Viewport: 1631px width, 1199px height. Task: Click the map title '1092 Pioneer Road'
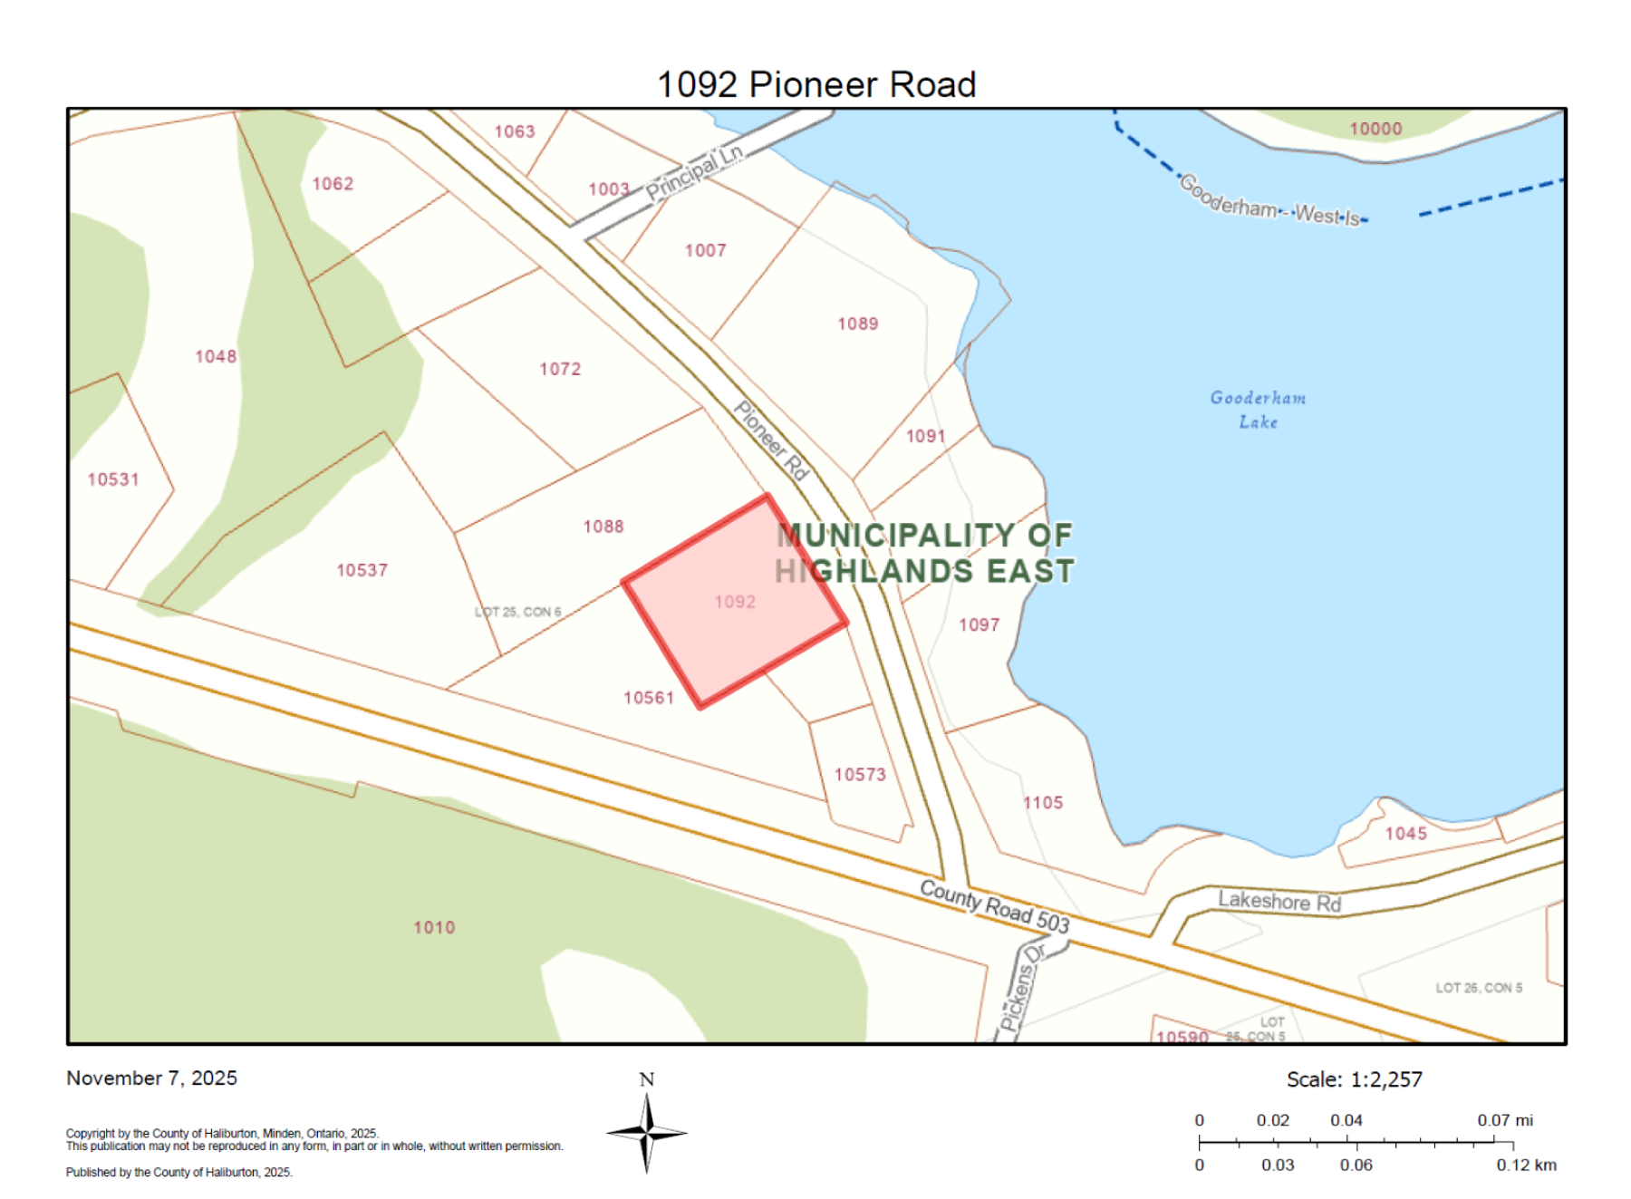(x=815, y=84)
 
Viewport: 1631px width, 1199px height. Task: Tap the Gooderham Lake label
(x=1258, y=410)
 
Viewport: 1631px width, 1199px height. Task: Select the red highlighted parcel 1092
(x=735, y=602)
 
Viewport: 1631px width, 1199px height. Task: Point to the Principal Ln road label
(x=694, y=172)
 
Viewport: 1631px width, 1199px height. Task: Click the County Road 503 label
(x=994, y=905)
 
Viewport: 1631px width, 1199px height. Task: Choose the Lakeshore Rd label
(x=1279, y=901)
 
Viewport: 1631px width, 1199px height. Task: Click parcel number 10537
(x=362, y=570)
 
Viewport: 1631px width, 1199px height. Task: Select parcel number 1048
(x=216, y=356)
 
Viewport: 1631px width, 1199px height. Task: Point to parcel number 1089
(x=857, y=324)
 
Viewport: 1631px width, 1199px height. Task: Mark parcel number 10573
(x=860, y=774)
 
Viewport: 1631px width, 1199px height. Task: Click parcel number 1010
(x=434, y=927)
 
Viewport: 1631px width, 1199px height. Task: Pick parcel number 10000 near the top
(x=1375, y=129)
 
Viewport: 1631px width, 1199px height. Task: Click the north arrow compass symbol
(x=646, y=1132)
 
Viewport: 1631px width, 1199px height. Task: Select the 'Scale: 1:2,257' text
(x=1354, y=1079)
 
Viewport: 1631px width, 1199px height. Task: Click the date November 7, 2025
(x=151, y=1078)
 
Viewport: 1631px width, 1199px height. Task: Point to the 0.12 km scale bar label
(x=1526, y=1165)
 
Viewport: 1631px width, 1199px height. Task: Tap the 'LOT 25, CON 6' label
(x=517, y=612)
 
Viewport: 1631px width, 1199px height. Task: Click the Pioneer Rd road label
(x=770, y=440)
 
